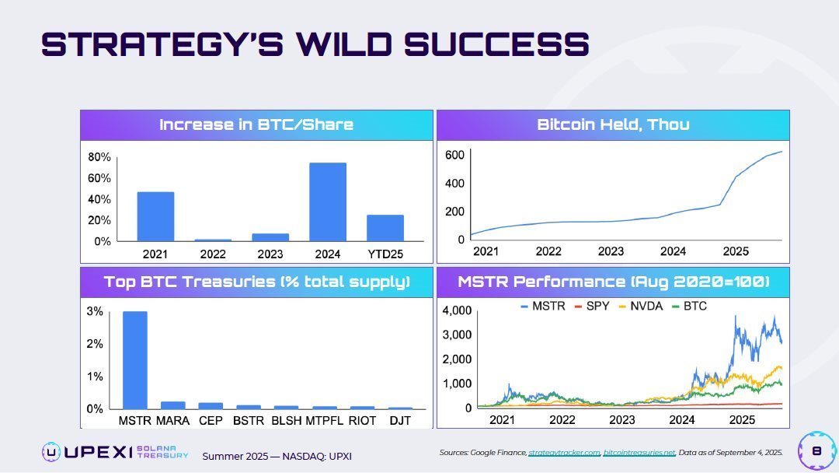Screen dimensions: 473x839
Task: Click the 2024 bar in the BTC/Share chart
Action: [328, 201]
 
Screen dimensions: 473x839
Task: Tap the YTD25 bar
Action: [385, 227]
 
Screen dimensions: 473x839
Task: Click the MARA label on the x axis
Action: [172, 421]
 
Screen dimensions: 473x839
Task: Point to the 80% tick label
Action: [99, 157]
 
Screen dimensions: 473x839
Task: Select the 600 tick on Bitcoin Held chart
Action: [454, 156]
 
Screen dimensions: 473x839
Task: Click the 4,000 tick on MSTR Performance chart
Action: [456, 311]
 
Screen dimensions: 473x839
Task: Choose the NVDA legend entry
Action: [641, 306]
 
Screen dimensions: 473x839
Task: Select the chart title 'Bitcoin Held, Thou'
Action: [613, 124]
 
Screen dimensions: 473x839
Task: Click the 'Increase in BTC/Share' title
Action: [256, 124]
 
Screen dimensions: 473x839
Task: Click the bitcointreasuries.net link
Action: [639, 452]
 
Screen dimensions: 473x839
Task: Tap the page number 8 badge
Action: [816, 451]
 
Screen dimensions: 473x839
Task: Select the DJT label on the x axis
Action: [400, 421]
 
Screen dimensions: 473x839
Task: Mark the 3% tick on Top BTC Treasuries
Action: [95, 311]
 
